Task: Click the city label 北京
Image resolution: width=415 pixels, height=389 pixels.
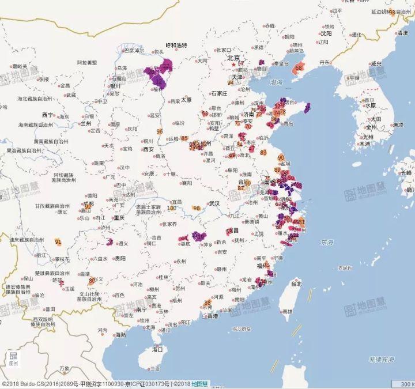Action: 233,58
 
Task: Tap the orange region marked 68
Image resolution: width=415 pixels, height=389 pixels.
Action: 299,68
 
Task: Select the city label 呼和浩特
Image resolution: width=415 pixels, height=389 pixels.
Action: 176,45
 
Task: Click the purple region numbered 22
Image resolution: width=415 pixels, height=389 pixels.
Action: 167,67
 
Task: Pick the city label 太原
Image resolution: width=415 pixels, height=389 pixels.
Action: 186,99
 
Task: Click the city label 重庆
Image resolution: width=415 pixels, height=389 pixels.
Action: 119,218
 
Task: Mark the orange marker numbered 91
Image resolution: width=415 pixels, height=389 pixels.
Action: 58,242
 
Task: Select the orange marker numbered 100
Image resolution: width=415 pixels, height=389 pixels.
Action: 172,208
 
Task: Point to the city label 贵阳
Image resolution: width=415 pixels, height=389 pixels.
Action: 119,259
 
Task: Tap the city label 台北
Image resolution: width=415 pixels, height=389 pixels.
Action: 295,284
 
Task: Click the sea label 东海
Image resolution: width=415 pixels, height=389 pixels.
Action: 327,242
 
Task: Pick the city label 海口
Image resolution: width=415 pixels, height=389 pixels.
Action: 157,349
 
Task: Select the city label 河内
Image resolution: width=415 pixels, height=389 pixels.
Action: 102,330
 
